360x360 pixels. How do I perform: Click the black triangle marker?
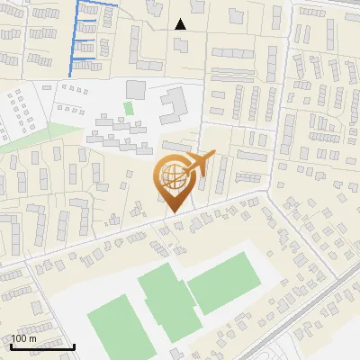181,24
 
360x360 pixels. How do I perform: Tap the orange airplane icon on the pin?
199,163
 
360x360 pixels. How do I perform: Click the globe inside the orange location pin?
173,174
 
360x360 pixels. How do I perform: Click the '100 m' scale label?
24,338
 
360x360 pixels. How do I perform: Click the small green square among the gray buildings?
128,109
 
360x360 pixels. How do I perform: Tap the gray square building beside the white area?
135,89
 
